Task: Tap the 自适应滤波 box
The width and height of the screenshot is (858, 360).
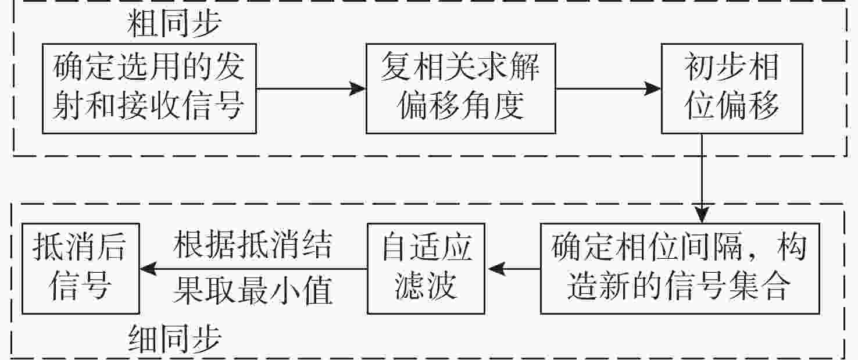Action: click(427, 268)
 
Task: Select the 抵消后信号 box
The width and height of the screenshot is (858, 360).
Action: click(80, 268)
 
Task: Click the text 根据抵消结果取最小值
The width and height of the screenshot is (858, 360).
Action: click(253, 268)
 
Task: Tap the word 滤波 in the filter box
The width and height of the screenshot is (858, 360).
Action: click(427, 287)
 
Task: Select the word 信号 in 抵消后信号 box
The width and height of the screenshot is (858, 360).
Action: click(80, 287)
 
